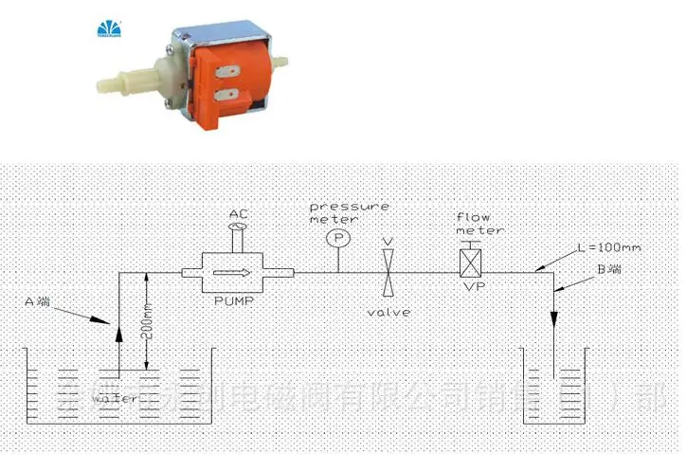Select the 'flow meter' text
click(x=479, y=222)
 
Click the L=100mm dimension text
click(x=609, y=247)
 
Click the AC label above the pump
click(x=238, y=215)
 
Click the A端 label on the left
click(x=38, y=302)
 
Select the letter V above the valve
click(x=388, y=243)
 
